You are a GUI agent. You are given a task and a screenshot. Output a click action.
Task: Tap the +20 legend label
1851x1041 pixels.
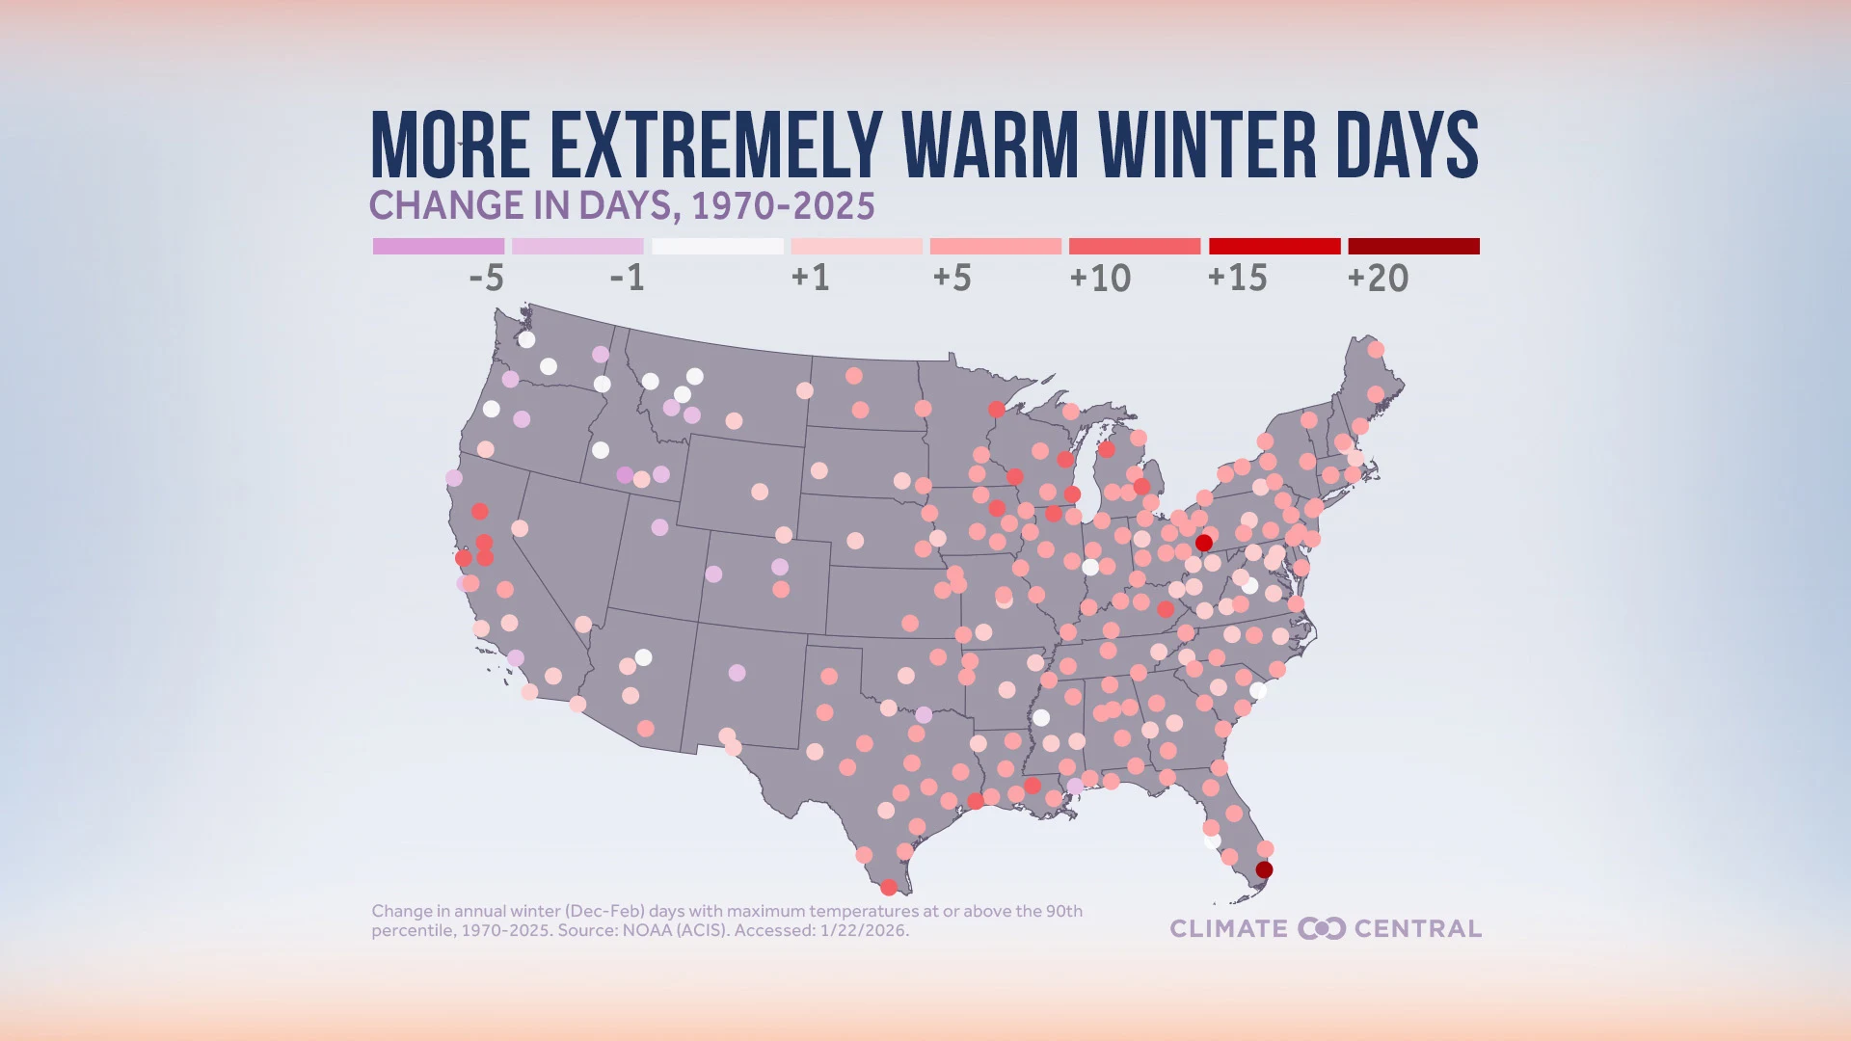(1378, 279)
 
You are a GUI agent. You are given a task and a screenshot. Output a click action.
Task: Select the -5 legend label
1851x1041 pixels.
(486, 279)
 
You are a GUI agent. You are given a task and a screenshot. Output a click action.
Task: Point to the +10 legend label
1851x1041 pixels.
(1100, 279)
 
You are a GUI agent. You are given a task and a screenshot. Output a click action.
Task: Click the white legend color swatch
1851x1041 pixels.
(717, 247)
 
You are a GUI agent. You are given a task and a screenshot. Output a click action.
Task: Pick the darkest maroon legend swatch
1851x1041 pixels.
(1413, 247)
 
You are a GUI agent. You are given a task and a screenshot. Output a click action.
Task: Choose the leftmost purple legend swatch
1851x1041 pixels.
(439, 247)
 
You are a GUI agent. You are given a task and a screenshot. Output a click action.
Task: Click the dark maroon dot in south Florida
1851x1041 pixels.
(1264, 870)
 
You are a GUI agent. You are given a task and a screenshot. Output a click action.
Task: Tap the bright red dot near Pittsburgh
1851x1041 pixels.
(1203, 544)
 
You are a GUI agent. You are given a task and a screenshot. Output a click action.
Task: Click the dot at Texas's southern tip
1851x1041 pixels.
(889, 887)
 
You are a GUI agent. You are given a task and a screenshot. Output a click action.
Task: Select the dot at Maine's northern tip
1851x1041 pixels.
(1376, 350)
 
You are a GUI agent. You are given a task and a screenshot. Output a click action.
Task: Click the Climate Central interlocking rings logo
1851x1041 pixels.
(1321, 928)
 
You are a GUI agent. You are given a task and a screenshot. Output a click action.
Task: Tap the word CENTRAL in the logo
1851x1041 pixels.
(1417, 928)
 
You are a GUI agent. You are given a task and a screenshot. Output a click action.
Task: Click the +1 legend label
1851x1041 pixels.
(810, 279)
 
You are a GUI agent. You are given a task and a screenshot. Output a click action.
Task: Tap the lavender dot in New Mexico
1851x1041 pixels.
(737, 673)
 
